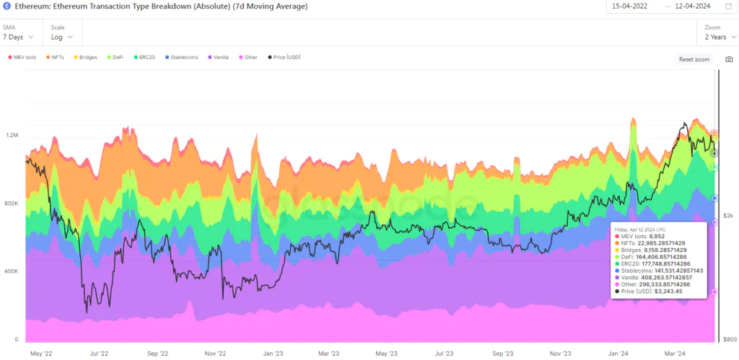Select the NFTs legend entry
[x=56, y=57]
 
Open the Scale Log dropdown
[x=62, y=37]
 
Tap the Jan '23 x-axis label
[x=272, y=354]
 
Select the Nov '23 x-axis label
[x=560, y=354]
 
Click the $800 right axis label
[x=730, y=338]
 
